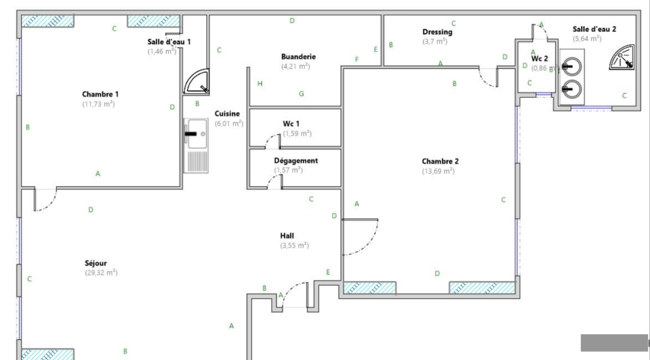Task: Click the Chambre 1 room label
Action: click(x=100, y=94)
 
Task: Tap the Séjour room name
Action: click(x=96, y=263)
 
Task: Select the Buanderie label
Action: click(x=298, y=57)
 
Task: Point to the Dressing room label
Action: click(x=437, y=32)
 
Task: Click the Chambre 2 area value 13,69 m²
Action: click(x=438, y=171)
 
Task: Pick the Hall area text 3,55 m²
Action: click(x=294, y=245)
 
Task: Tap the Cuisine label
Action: click(x=227, y=114)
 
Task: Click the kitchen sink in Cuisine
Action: click(x=196, y=146)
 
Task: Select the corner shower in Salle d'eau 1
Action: click(x=197, y=81)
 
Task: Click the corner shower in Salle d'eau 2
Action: click(x=622, y=57)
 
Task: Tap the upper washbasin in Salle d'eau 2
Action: click(x=572, y=66)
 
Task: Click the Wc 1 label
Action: click(x=291, y=123)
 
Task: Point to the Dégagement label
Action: click(x=296, y=161)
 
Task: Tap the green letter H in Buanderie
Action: click(x=260, y=84)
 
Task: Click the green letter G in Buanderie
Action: click(x=301, y=94)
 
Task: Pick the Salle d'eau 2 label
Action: click(x=594, y=29)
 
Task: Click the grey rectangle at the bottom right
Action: click(x=614, y=343)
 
